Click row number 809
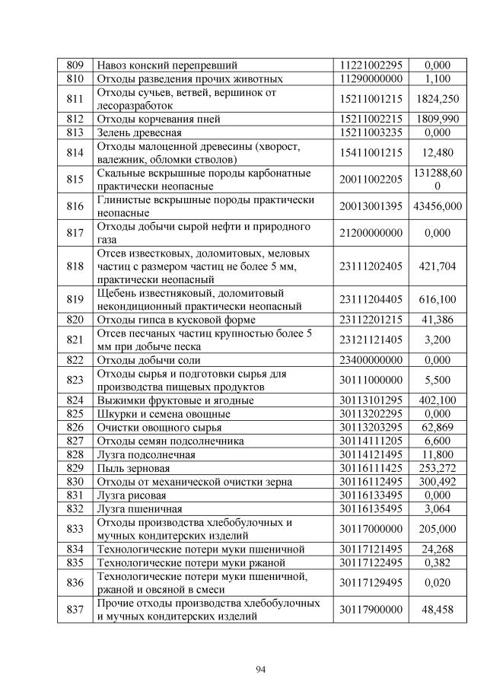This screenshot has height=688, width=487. coord(75,65)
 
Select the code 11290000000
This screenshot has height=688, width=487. coord(371,78)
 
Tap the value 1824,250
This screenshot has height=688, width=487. coord(438,98)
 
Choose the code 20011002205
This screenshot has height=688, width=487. coord(371,180)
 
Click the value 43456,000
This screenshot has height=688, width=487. coord(438,206)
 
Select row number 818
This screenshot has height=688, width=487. coord(75,266)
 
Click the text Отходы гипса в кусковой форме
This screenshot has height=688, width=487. coord(167,320)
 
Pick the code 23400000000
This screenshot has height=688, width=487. coord(371,360)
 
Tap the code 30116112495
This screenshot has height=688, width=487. coord(371,481)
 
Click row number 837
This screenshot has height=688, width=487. coord(75,610)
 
